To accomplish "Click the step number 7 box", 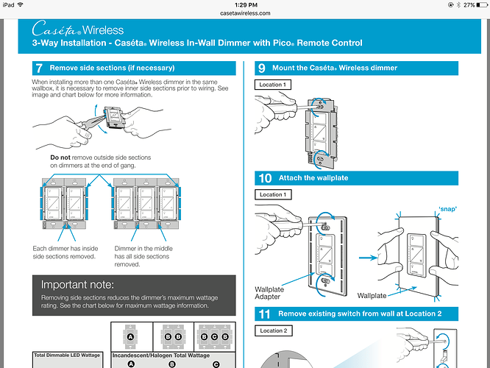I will pos(39,68).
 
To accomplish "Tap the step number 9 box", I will pos(262,68).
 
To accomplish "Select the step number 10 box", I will pos(263,177).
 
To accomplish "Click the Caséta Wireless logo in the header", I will pos(78,30).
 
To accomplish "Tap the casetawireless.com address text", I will pos(245,13).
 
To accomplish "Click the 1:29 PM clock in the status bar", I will pos(244,4).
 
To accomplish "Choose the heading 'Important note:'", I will pos(77,284).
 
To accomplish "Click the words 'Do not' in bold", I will pos(60,158).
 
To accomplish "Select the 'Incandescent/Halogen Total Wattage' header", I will pos(160,355).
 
